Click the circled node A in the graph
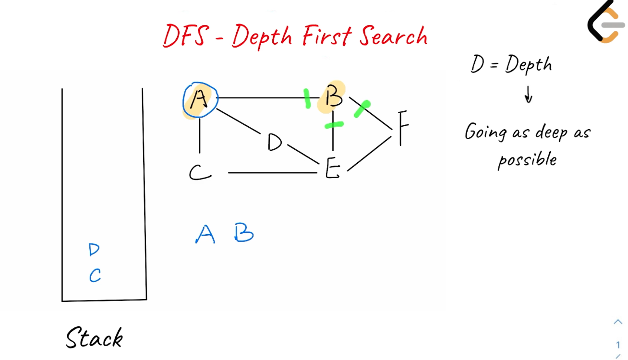[x=200, y=100]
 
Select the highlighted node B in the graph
[x=333, y=97]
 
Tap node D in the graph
[x=274, y=143]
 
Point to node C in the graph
[x=199, y=172]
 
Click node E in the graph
[x=332, y=169]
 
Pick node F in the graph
[x=403, y=128]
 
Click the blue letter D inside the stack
[x=94, y=250]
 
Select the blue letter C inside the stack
[x=95, y=276]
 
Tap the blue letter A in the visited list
[x=205, y=234]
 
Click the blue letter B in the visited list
[x=244, y=233]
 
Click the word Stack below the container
[x=94, y=338]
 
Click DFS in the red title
[x=185, y=36]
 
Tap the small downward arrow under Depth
[x=528, y=96]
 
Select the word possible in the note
[x=527, y=160]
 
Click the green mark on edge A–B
[x=307, y=98]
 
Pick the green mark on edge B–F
[x=362, y=109]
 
